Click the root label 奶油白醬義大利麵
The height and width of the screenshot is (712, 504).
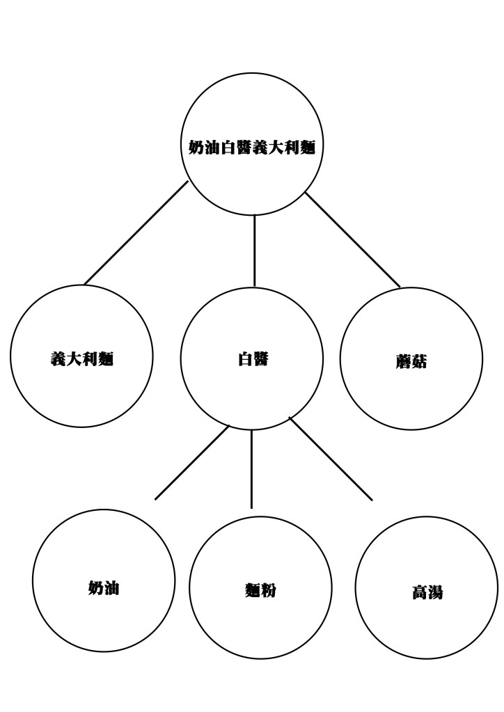click(252, 148)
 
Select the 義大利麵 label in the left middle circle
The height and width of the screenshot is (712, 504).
click(81, 359)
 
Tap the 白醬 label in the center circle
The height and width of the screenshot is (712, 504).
click(252, 359)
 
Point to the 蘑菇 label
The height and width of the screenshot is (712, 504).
click(411, 362)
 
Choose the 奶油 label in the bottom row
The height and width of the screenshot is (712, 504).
click(104, 587)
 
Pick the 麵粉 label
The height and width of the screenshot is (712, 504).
click(260, 591)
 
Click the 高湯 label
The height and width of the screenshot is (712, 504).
click(427, 593)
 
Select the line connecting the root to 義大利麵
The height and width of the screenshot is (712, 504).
click(136, 233)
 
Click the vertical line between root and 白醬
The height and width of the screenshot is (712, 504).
click(254, 251)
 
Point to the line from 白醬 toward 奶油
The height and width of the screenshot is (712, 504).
click(192, 462)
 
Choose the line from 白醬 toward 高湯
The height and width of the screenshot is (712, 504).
click(331, 459)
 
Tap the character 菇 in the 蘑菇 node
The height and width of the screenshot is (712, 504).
click(418, 362)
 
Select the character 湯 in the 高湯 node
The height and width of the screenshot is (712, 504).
click(435, 593)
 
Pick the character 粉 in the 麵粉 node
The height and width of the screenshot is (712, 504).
click(269, 591)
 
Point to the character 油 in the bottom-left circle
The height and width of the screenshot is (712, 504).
click(112, 587)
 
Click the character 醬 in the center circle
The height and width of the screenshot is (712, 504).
click(260, 359)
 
